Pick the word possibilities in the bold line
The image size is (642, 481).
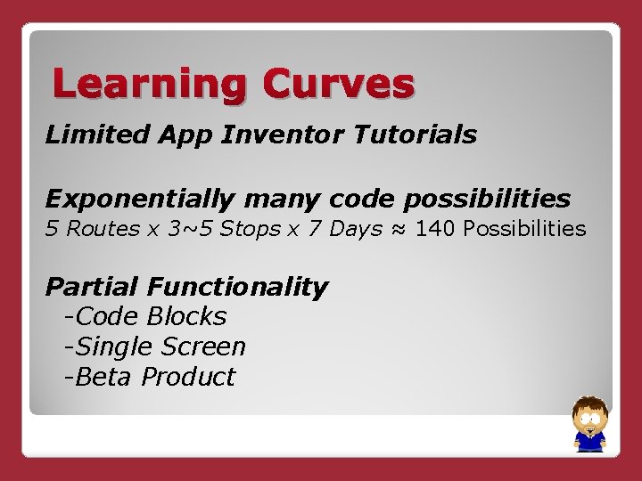click(x=482, y=198)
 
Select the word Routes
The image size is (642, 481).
click(x=102, y=229)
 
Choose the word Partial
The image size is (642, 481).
click(x=93, y=287)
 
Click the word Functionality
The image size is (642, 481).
click(x=238, y=287)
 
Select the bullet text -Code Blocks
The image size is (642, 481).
click(x=145, y=316)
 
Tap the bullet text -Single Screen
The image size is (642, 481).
click(x=154, y=346)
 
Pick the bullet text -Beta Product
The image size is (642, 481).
click(x=149, y=377)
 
